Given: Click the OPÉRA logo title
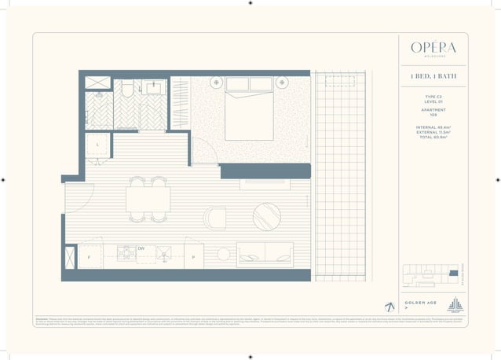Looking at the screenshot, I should click(433, 46).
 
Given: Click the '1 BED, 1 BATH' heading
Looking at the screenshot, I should click(433, 76).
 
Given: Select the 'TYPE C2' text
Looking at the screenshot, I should click(433, 97).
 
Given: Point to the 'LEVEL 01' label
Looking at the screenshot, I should click(433, 102).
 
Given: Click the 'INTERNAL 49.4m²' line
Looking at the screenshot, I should click(433, 128).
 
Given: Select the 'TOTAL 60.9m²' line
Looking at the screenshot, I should click(433, 138).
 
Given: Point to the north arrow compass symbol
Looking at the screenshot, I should click(389, 307).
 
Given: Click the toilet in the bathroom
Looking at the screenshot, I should click(126, 92).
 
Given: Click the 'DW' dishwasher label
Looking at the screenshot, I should click(141, 248).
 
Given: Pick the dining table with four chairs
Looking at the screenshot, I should click(148, 198).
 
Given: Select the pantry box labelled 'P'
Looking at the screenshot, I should click(193, 256).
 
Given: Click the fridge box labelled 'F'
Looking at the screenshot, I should click(90, 256).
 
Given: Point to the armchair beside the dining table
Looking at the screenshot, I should click(214, 218).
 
